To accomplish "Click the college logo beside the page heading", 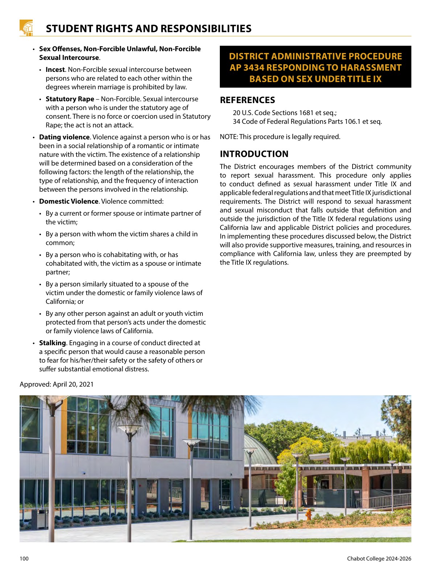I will tap(26, 28).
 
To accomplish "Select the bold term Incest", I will tap(55, 70).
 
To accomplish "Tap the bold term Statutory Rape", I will tap(70, 99).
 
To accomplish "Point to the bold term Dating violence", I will tap(64, 137).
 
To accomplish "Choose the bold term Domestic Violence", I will tap(69, 201).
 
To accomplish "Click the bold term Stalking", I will tap(52, 343).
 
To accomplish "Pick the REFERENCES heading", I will tap(247, 100).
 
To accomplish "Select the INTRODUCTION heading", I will tap(254, 154).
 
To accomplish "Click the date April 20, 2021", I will tap(73, 384).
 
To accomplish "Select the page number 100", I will tap(24, 559).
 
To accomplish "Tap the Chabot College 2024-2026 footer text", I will tap(379, 559).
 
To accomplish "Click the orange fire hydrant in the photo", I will tap(308, 514).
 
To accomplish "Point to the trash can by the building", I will tap(40, 518).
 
